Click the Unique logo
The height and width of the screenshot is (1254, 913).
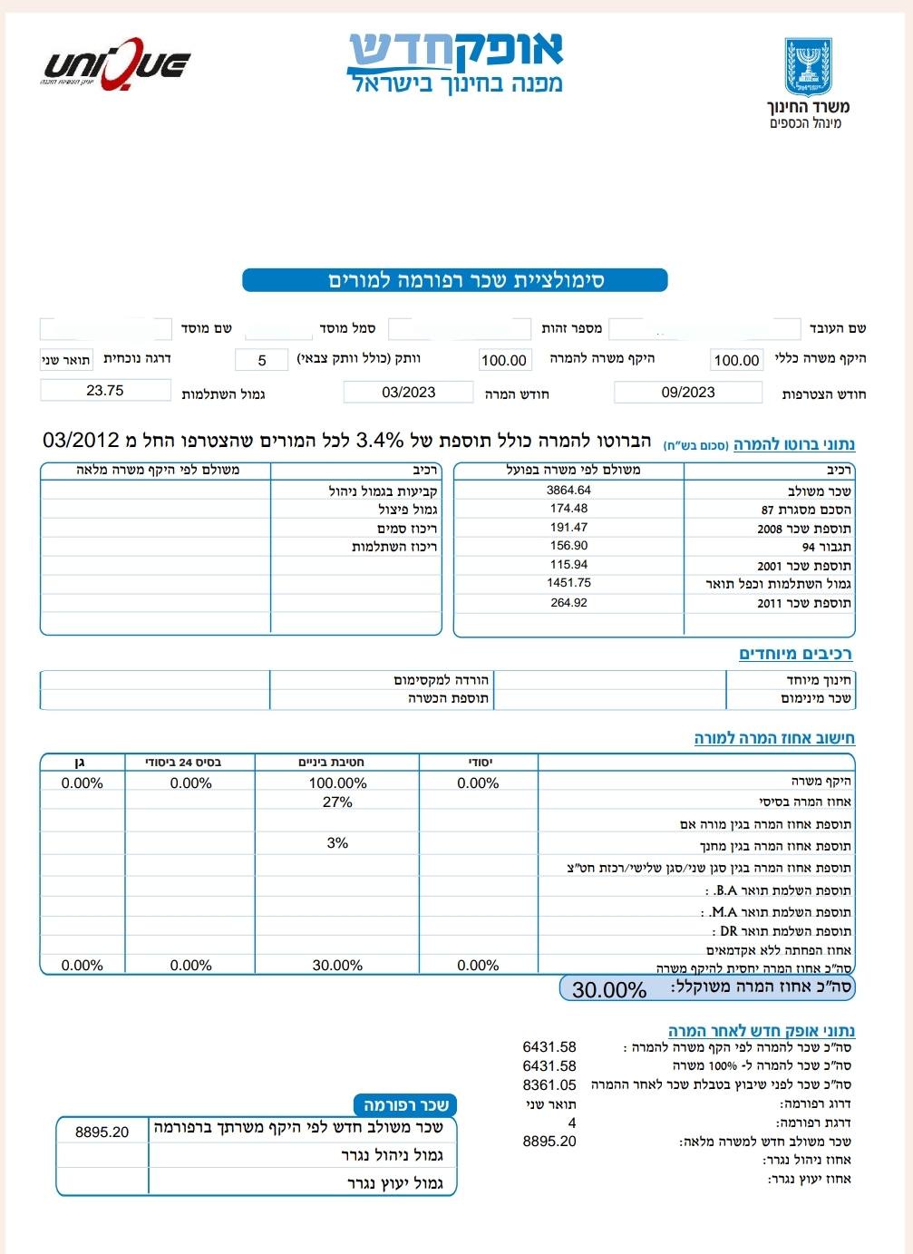click(116, 64)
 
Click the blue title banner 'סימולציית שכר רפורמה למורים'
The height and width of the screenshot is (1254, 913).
click(455, 280)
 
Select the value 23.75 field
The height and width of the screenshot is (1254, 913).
click(105, 391)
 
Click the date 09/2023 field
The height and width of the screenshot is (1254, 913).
click(688, 393)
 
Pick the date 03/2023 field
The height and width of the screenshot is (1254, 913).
click(408, 393)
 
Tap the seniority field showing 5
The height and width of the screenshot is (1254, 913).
click(261, 360)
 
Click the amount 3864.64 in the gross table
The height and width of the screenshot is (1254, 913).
click(568, 491)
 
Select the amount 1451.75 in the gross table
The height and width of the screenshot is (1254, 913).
click(568, 583)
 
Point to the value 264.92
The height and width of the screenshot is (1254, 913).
click(568, 603)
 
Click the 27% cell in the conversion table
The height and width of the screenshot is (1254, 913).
click(337, 802)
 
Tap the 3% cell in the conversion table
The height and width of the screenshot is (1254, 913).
click(337, 843)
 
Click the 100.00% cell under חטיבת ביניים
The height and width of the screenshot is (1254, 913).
click(337, 783)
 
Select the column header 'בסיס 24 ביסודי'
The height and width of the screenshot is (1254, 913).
click(190, 763)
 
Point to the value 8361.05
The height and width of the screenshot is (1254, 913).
click(549, 1085)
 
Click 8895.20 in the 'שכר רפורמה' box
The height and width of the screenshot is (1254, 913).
click(102, 1132)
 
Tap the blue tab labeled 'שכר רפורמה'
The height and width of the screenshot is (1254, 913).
click(405, 1105)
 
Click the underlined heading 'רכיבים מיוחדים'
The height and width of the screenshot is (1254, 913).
click(795, 654)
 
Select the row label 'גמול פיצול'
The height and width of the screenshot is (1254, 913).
click(408, 510)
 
